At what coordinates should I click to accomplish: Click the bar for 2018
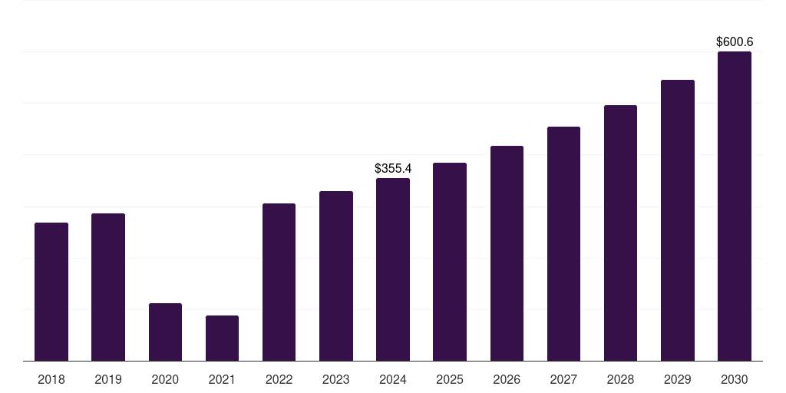[x=51, y=292]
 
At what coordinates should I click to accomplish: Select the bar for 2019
[x=108, y=287]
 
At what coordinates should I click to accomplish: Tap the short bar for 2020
[x=166, y=332]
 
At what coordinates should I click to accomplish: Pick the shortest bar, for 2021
[x=222, y=339]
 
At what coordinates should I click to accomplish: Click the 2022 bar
[x=279, y=282]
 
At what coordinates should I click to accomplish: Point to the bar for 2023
[x=336, y=276]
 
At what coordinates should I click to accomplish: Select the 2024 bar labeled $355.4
[x=393, y=269]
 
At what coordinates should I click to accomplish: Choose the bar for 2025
[x=450, y=262]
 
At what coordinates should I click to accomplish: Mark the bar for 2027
[x=563, y=243]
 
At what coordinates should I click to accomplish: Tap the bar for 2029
[x=678, y=220]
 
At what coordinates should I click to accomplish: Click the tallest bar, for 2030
[x=735, y=206]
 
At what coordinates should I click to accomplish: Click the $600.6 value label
[x=735, y=41]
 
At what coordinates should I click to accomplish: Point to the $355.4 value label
[x=393, y=168]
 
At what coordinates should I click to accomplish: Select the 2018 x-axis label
[x=51, y=379]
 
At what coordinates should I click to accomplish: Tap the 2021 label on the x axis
[x=222, y=379]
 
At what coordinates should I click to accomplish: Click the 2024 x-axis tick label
[x=393, y=379]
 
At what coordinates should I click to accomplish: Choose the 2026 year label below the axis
[x=507, y=379]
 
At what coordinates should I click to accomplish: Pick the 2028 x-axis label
[x=620, y=379]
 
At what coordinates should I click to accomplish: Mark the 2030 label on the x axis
[x=735, y=379]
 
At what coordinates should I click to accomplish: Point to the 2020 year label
[x=166, y=379]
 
